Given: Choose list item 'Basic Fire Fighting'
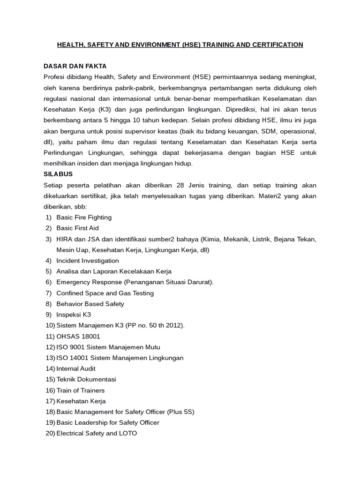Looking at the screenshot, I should tap(84, 217).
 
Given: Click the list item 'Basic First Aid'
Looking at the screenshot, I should tap(77, 228).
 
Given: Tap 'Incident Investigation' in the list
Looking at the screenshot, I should tap(88, 261).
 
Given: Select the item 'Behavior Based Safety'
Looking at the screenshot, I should tap(90, 304).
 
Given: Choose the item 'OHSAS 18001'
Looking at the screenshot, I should tap(78, 336).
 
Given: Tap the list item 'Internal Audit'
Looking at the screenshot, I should tap(75, 368).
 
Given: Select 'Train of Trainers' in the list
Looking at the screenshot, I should tap(80, 390).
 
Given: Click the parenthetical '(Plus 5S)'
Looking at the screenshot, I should tap(179, 412).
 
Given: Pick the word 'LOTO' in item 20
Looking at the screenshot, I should tap(128, 433).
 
